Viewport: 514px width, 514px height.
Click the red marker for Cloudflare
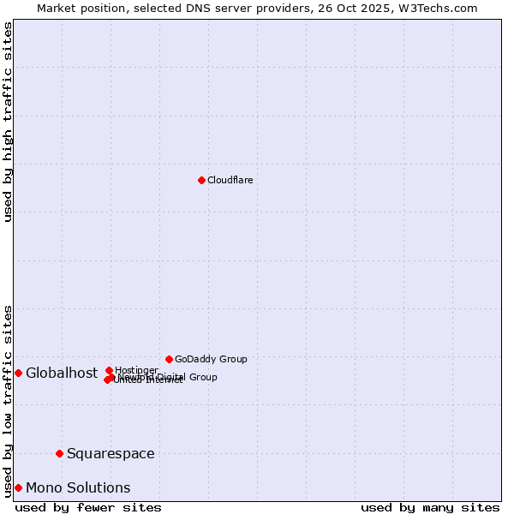[x=201, y=180]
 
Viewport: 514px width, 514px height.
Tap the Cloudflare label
[x=230, y=180]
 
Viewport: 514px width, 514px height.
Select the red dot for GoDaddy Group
[x=169, y=359]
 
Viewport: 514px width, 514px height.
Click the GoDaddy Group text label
[x=211, y=359]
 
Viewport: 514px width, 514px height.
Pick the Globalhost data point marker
[x=18, y=373]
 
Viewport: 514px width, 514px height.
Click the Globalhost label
[x=62, y=373]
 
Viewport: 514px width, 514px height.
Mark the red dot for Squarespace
[x=59, y=453]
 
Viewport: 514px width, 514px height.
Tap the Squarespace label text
[x=111, y=453]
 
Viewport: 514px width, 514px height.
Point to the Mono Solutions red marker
[x=18, y=487]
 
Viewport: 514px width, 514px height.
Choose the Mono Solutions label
[x=78, y=487]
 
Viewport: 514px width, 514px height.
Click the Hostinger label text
[x=136, y=370]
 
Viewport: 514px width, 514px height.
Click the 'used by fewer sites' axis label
[x=88, y=507]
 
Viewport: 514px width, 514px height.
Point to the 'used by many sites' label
[x=430, y=507]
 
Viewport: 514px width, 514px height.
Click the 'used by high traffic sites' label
[x=8, y=122]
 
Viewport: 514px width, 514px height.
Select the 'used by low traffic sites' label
[x=8, y=400]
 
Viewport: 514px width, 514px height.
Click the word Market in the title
[x=56, y=8]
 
